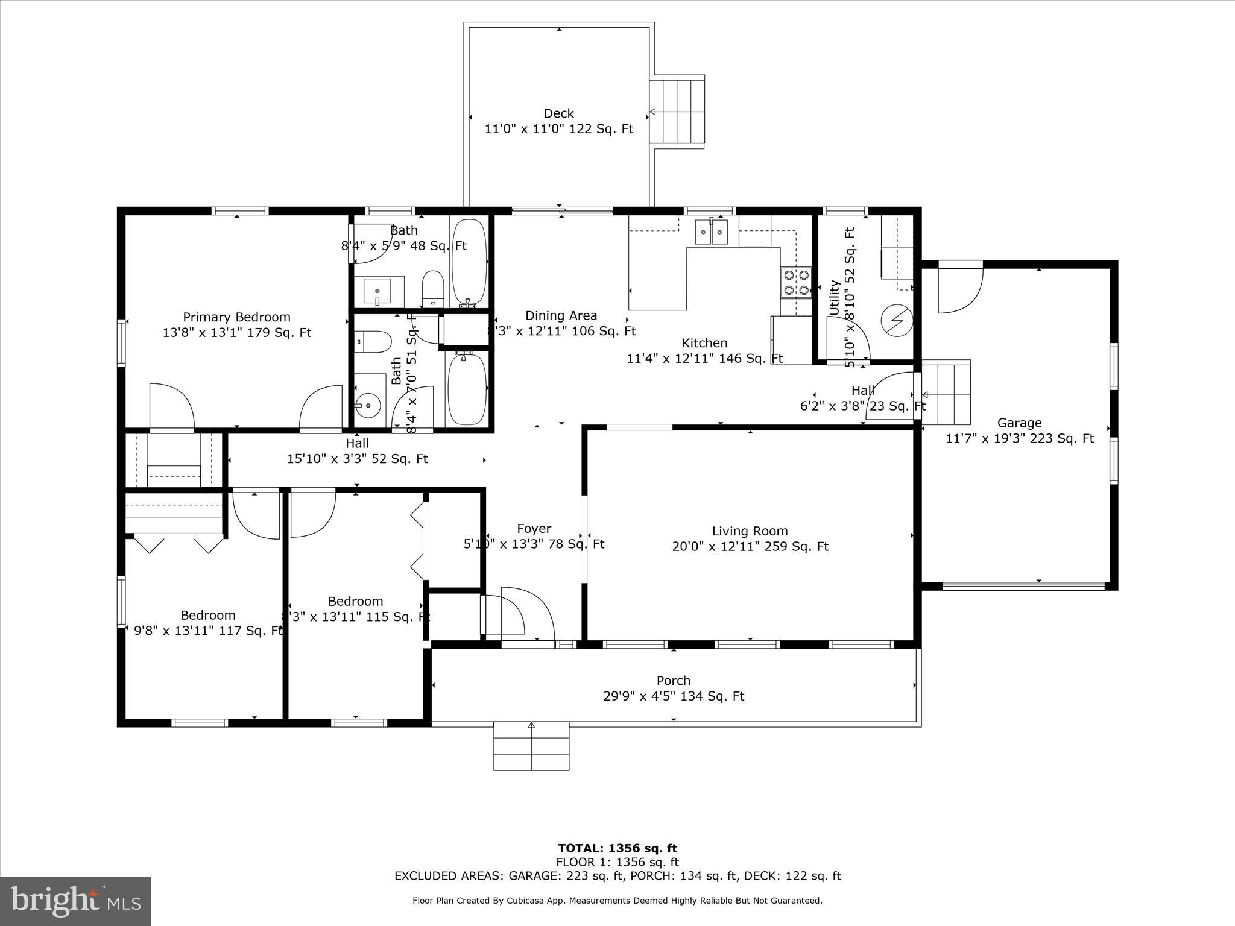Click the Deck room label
(x=558, y=113)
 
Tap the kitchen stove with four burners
(x=796, y=283)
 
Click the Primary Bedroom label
(x=236, y=317)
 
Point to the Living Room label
(x=750, y=531)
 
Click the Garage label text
(x=1019, y=423)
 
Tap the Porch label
(x=673, y=681)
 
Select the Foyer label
(x=534, y=529)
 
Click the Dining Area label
(x=561, y=315)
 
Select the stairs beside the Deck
(x=677, y=112)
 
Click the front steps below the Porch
(x=531, y=746)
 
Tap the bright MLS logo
(x=75, y=901)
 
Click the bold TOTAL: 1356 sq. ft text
(x=617, y=849)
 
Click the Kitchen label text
(x=704, y=343)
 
